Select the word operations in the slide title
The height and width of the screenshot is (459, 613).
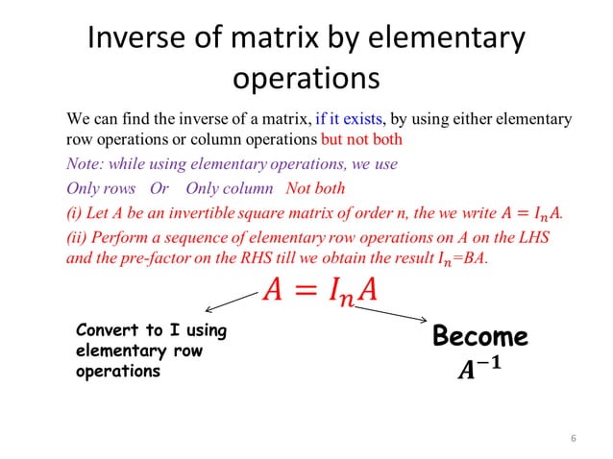306,77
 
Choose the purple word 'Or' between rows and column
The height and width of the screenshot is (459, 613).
159,188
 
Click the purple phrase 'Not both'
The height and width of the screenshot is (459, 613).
315,188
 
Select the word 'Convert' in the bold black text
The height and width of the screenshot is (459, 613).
107,332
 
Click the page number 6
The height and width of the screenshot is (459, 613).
573,440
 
